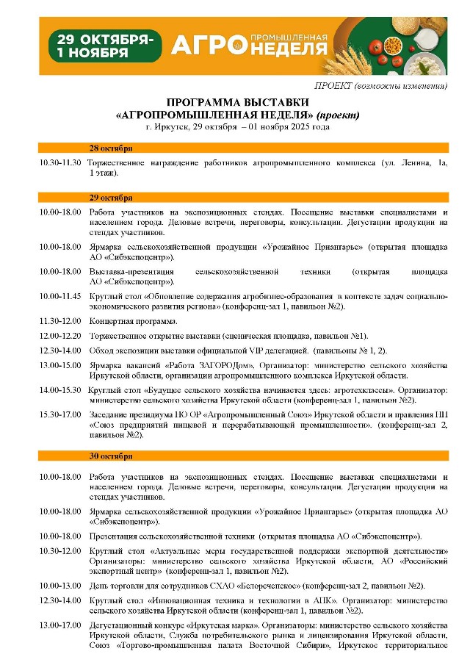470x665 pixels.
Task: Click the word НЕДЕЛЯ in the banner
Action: (292, 50)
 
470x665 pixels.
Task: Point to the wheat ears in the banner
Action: (350, 48)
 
